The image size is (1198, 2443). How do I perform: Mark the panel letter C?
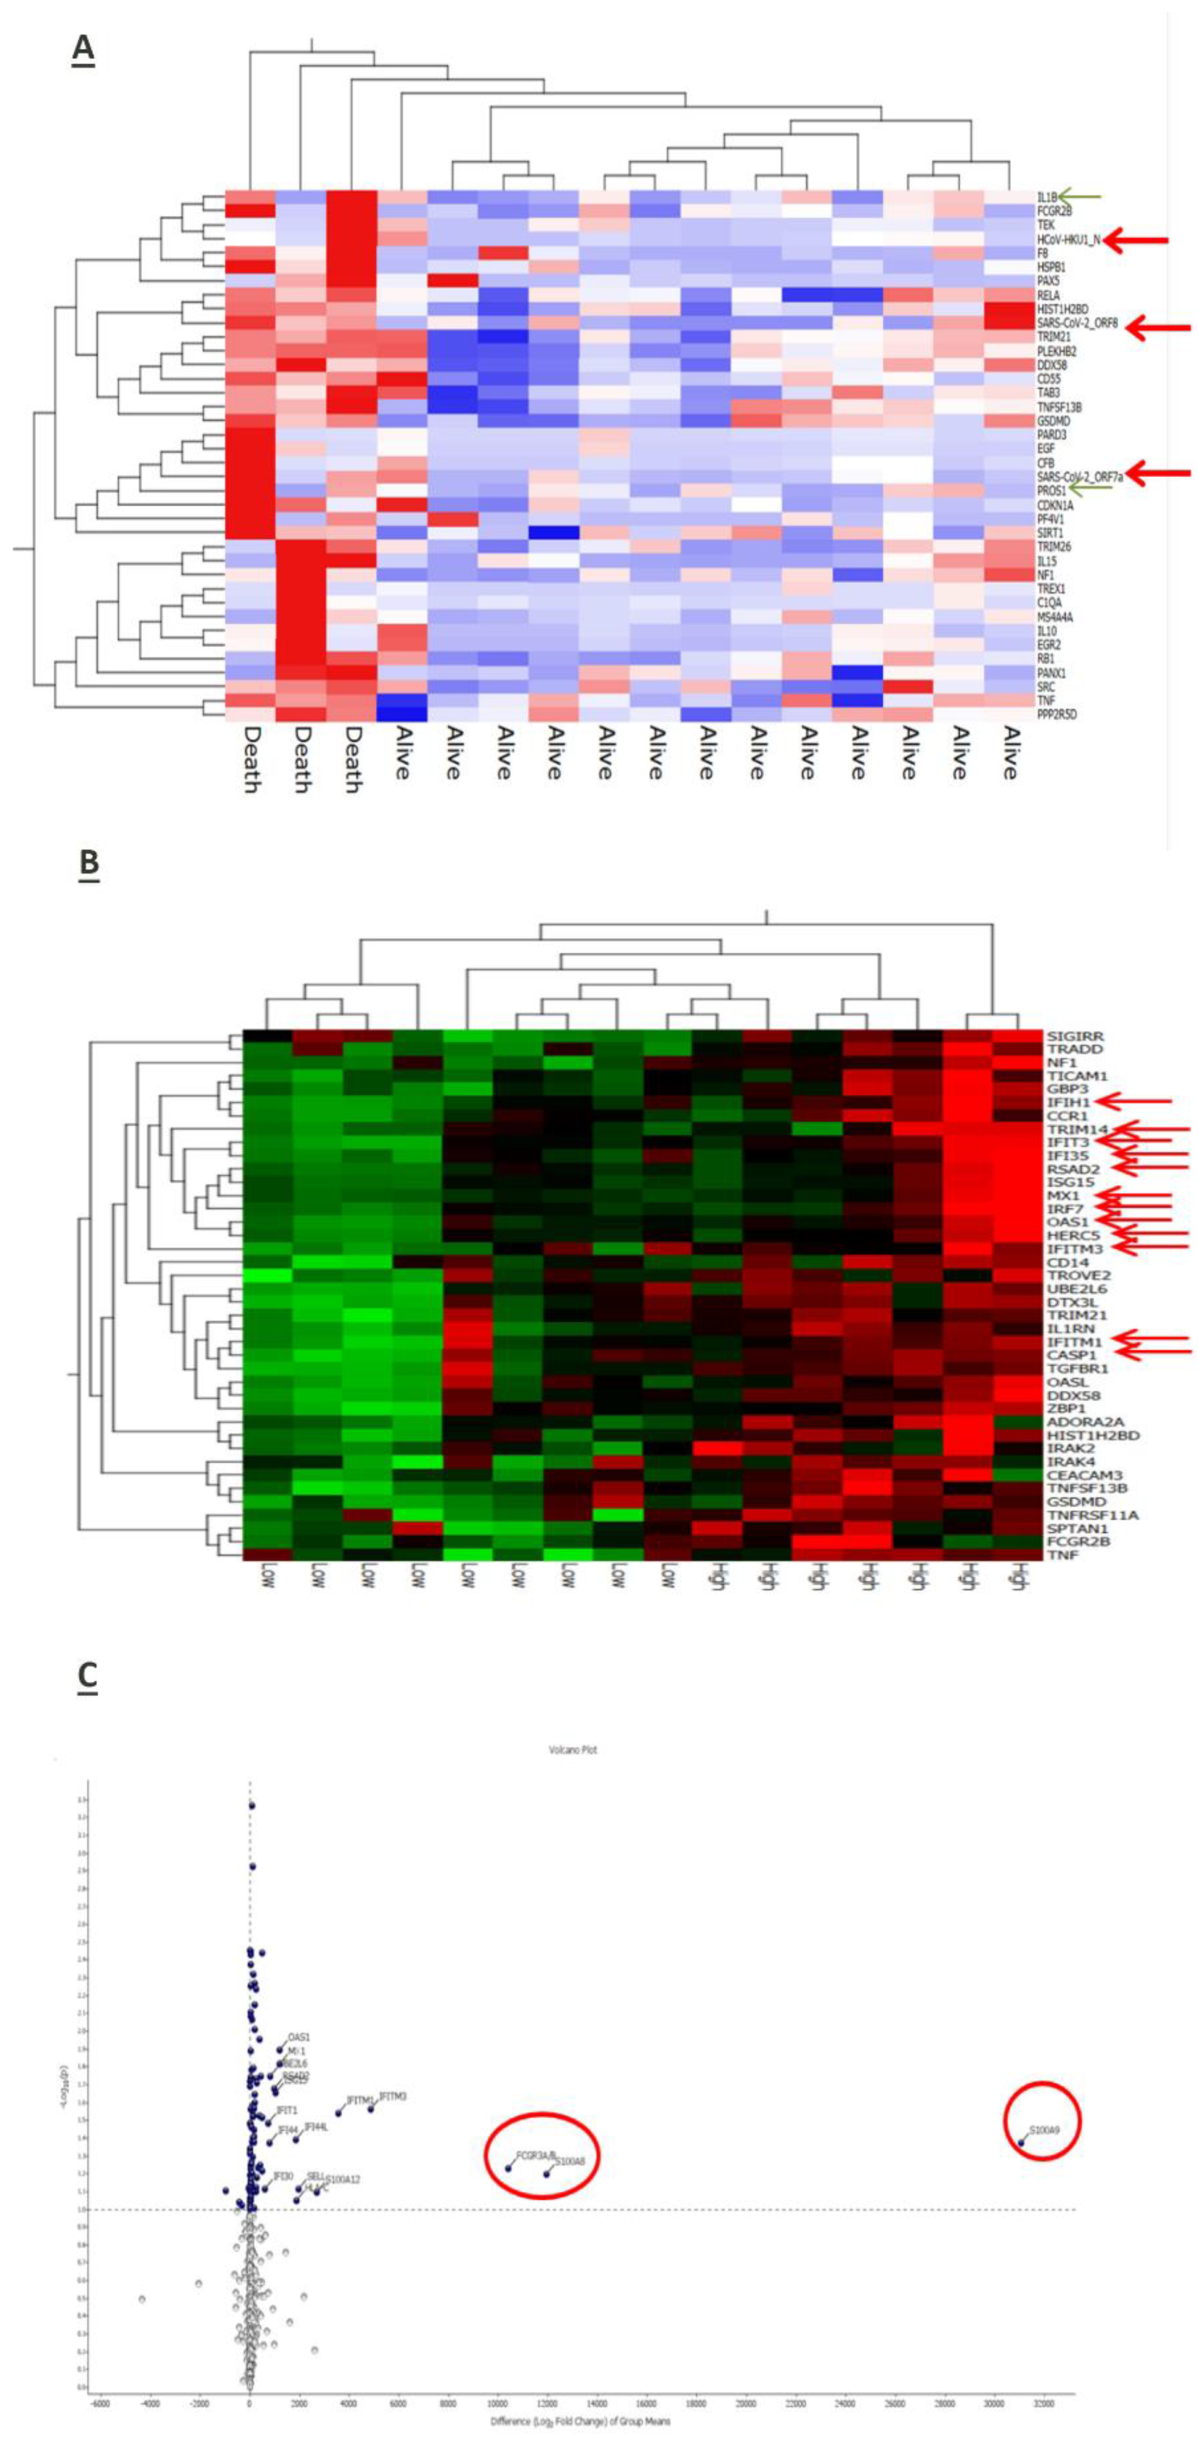[87, 1677]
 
